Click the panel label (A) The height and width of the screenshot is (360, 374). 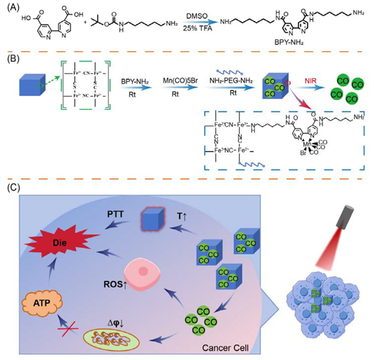coord(11,9)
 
